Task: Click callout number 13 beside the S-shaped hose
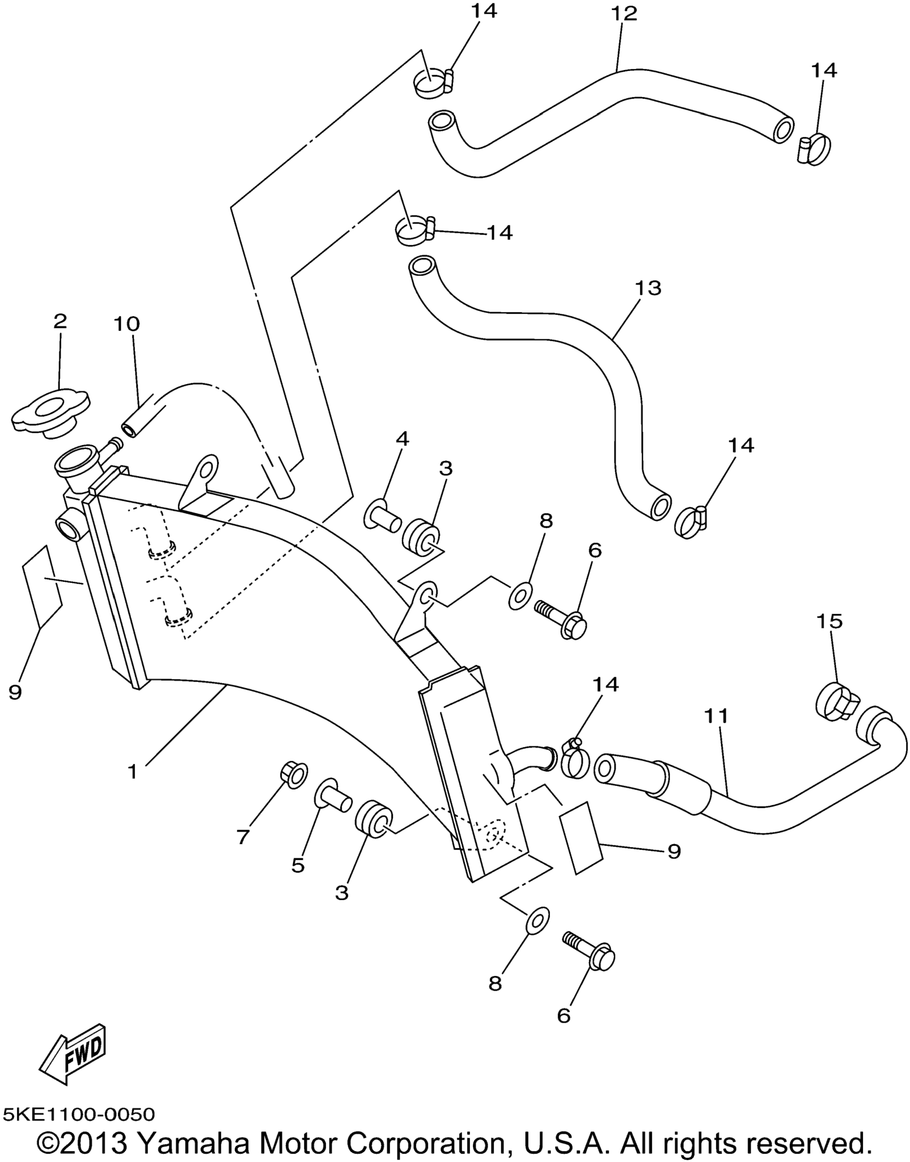click(648, 288)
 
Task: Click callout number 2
click(60, 321)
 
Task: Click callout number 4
click(402, 439)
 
